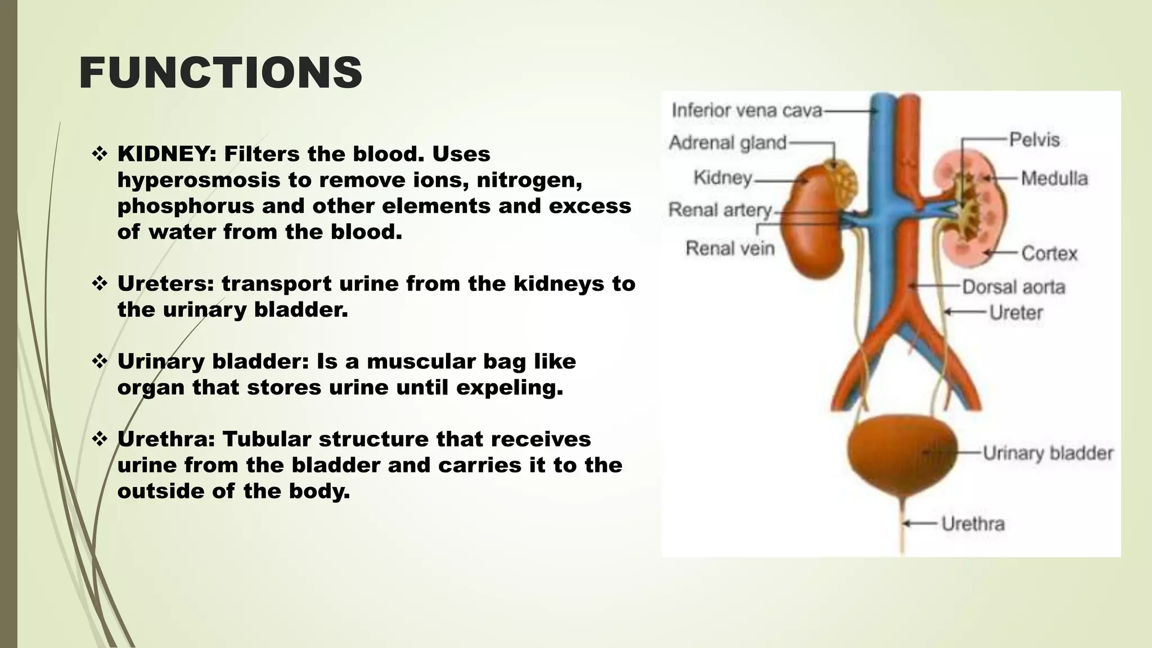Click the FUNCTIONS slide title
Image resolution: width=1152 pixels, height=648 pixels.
[x=220, y=73]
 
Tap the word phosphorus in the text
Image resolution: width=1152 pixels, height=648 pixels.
[x=186, y=206]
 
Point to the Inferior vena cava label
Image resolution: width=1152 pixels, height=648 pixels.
[x=747, y=110]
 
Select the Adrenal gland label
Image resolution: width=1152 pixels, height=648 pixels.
[x=727, y=143]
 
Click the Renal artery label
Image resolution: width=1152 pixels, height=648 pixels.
[x=720, y=210]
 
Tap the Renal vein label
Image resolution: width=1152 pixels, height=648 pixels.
[x=730, y=248]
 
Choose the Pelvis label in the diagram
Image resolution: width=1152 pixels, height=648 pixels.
[x=1034, y=139]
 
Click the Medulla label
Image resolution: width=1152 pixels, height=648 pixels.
[x=1054, y=179]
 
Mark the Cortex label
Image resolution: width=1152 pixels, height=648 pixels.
[x=1049, y=254]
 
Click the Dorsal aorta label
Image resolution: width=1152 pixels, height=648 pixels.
[x=1014, y=287]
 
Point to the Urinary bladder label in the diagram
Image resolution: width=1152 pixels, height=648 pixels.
[x=1048, y=453]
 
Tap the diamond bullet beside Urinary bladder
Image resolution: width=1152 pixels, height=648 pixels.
[x=100, y=361]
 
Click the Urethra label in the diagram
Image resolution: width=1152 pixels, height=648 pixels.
[x=973, y=524]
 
